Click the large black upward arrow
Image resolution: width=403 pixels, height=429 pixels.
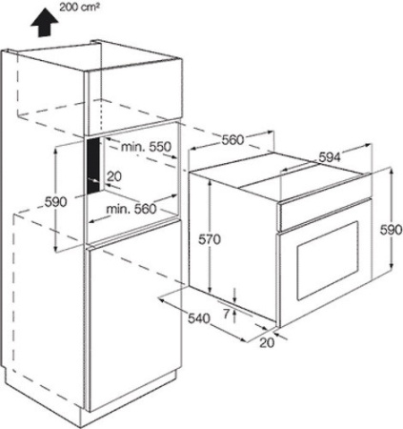[x=45, y=23]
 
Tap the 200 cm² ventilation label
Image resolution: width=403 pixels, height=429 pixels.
[x=77, y=8]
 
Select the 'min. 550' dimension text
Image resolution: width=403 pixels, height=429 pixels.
[x=146, y=147]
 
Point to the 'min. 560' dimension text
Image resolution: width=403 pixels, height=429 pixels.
[x=131, y=209]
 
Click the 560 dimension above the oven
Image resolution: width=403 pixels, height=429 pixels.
[x=232, y=139]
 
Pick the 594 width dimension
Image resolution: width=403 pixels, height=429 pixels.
[x=330, y=157]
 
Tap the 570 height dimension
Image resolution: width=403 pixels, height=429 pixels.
[x=210, y=239]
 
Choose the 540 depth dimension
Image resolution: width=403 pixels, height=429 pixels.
[x=199, y=318]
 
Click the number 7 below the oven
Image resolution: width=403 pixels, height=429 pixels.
[x=226, y=314]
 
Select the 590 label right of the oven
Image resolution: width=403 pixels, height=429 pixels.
[x=392, y=230]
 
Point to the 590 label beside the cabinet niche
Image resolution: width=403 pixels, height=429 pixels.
[x=55, y=202]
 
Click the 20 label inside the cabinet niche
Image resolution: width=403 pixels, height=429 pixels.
[x=114, y=176]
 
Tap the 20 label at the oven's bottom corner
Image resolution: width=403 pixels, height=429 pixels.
[x=267, y=342]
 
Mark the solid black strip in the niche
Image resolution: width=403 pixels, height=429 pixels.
[x=92, y=166]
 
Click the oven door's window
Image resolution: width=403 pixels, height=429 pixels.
[x=328, y=260]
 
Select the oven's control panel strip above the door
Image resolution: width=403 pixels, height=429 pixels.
[x=324, y=214]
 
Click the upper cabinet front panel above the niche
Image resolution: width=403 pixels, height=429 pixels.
[x=134, y=103]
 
